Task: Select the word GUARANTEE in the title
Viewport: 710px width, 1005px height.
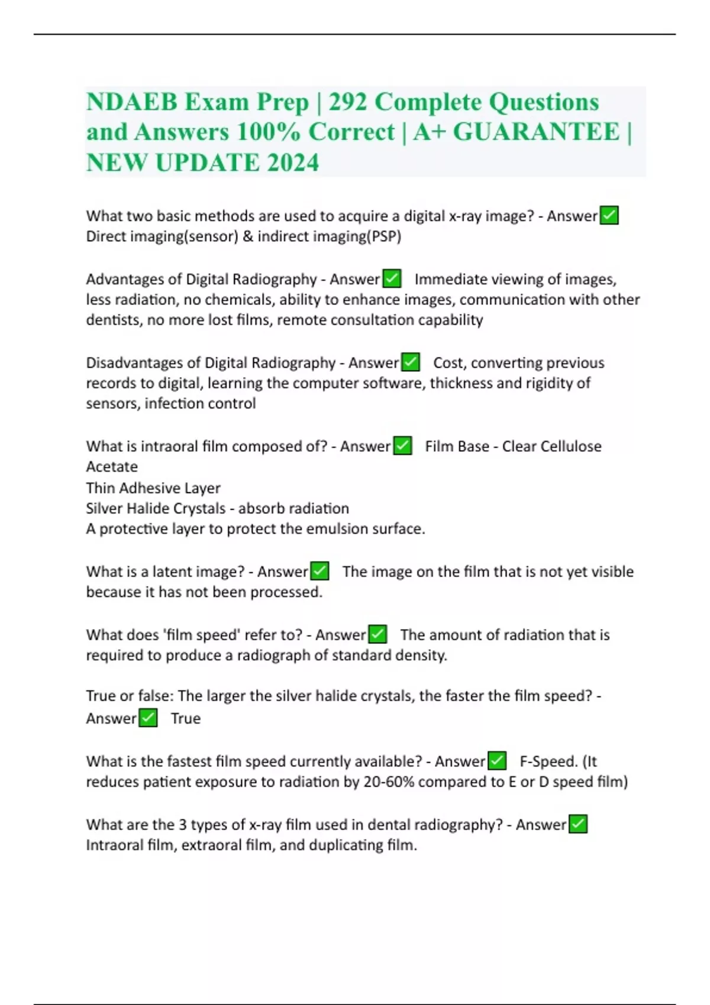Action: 536,132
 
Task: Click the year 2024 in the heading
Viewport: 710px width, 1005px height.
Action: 292,163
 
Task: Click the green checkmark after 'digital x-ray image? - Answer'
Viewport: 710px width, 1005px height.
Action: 609,216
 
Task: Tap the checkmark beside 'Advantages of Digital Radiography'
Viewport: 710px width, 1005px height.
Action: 392,278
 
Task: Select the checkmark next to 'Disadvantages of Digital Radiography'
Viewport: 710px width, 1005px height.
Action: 410,362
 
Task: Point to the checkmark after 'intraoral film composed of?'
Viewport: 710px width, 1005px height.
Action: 402,446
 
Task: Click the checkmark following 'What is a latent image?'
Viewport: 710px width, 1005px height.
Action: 319,571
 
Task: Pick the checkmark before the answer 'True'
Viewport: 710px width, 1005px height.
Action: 148,718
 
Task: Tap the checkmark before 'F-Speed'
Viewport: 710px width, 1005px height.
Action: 497,761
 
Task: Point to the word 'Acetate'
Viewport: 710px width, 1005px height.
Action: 112,467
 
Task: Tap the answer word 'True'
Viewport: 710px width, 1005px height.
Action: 186,718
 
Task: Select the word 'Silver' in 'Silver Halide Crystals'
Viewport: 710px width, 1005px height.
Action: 105,508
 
